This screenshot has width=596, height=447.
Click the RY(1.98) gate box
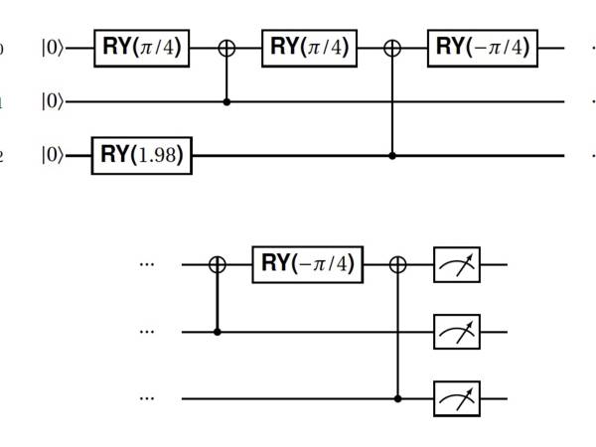click(x=141, y=156)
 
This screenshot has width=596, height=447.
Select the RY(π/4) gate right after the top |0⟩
click(x=143, y=47)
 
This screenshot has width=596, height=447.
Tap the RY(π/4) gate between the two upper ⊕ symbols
click(x=309, y=47)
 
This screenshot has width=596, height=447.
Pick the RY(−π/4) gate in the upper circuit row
click(x=478, y=47)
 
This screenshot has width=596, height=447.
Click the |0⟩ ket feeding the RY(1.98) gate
click(x=54, y=156)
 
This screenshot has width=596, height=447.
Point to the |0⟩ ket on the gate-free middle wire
click(x=54, y=101)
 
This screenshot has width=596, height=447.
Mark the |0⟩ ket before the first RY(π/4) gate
click(x=54, y=47)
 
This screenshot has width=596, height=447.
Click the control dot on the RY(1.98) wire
click(x=393, y=156)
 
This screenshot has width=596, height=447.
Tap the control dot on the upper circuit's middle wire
click(x=226, y=101)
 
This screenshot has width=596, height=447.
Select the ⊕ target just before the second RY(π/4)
click(x=226, y=47)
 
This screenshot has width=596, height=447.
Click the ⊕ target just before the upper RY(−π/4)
click(x=393, y=47)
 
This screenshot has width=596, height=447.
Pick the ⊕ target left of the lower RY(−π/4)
click(x=218, y=265)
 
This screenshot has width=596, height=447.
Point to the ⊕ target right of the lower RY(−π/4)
click(x=399, y=265)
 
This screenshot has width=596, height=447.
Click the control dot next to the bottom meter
click(x=399, y=399)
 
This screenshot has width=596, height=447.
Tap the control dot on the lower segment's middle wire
click(x=218, y=332)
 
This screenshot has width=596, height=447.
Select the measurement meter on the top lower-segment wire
click(x=457, y=265)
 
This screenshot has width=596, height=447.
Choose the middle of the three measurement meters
click(x=457, y=332)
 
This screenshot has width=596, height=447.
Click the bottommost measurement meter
click(x=457, y=399)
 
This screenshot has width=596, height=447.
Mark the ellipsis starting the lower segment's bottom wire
click(x=148, y=399)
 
